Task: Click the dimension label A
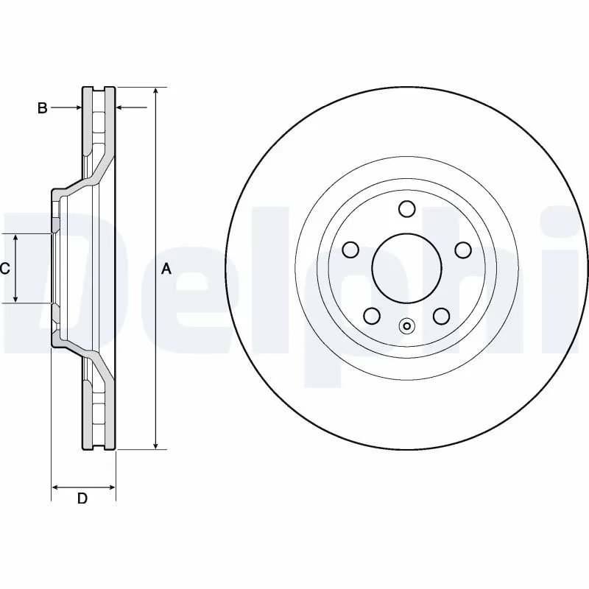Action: pyautogui.click(x=166, y=269)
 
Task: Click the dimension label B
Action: pyautogui.click(x=43, y=108)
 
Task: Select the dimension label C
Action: pyautogui.click(x=5, y=269)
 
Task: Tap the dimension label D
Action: pyautogui.click(x=82, y=498)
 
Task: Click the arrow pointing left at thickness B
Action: pyautogui.click(x=122, y=108)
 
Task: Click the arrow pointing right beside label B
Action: pyautogui.click(x=77, y=108)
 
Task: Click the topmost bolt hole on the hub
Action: pyautogui.click(x=406, y=209)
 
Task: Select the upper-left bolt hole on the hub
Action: pyautogui.click(x=350, y=250)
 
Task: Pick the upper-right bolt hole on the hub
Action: pyautogui.click(x=462, y=250)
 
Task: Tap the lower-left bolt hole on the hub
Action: pyautogui.click(x=372, y=317)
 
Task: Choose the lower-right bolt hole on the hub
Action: pyautogui.click(x=441, y=317)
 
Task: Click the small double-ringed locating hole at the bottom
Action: pyautogui.click(x=406, y=326)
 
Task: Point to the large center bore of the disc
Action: pyautogui.click(x=406, y=269)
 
